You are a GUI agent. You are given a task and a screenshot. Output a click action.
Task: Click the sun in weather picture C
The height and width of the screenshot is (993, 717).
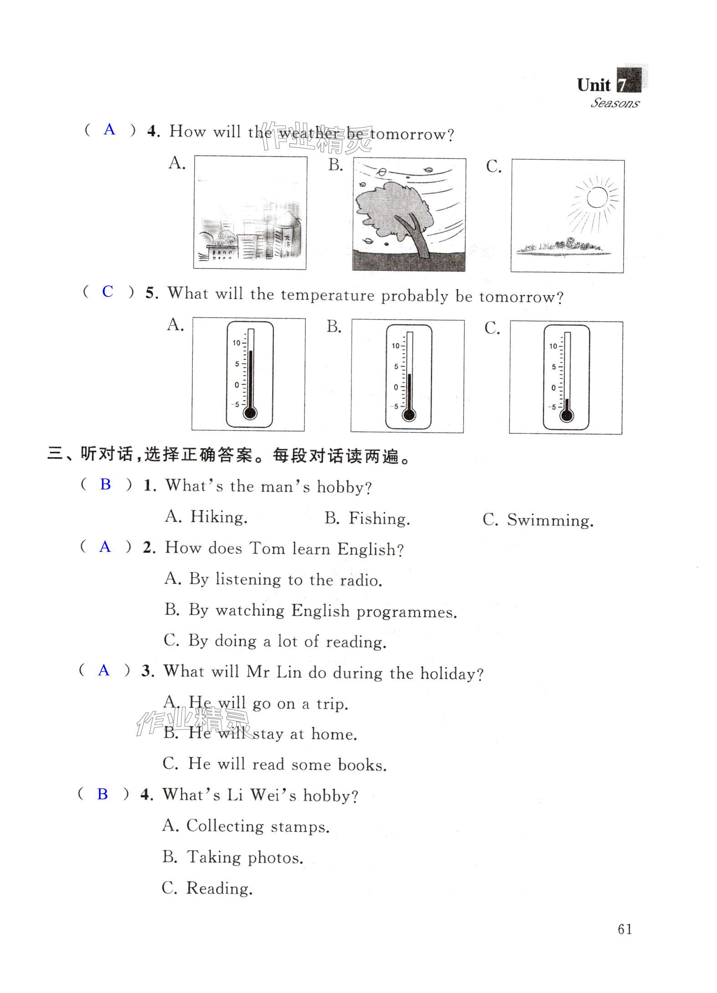click(x=597, y=198)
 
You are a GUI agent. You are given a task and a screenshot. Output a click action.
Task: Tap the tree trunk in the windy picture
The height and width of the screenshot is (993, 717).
click(x=418, y=239)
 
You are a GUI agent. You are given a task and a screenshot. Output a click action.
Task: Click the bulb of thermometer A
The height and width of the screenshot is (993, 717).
click(x=250, y=413)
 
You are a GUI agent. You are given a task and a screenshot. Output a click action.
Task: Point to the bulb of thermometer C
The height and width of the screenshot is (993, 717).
click(x=567, y=416)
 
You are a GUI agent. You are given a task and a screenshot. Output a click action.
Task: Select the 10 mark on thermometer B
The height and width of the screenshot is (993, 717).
click(x=395, y=346)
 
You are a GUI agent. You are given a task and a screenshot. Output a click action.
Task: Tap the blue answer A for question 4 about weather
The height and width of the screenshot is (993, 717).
click(x=109, y=130)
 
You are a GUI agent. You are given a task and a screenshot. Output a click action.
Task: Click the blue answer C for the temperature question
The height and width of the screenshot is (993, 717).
click(x=108, y=292)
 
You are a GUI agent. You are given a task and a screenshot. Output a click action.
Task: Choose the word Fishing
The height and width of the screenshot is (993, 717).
click(x=379, y=519)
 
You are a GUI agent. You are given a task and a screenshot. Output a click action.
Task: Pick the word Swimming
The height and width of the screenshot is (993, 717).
click(x=550, y=520)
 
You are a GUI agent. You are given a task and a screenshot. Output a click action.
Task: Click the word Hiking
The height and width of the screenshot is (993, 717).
click(x=219, y=517)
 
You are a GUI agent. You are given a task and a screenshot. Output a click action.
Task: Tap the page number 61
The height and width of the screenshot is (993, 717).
click(x=624, y=929)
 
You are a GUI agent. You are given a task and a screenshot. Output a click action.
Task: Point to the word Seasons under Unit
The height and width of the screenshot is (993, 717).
click(x=615, y=103)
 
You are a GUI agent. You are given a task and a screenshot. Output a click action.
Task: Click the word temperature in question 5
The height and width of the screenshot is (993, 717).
click(x=327, y=295)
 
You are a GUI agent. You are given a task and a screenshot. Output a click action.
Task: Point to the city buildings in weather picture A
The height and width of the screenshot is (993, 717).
click(x=250, y=242)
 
